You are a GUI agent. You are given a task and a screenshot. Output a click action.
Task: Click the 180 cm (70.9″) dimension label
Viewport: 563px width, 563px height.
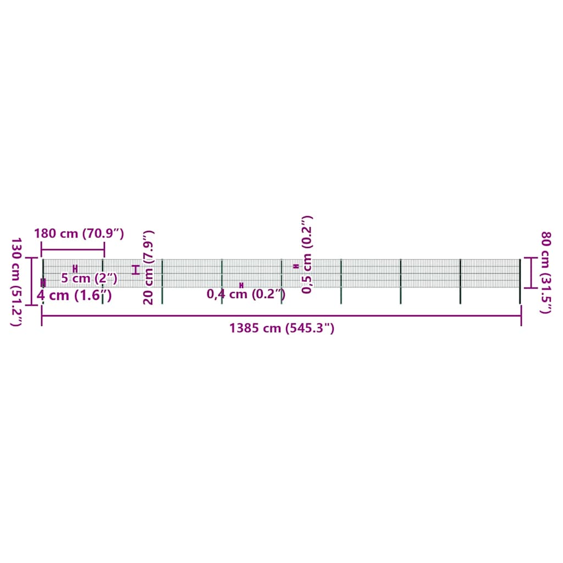pos(79,234)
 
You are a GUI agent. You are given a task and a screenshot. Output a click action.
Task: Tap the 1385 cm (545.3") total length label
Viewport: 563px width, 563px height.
pos(282,328)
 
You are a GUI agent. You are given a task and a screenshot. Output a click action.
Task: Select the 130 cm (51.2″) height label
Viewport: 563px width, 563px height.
pos(16,282)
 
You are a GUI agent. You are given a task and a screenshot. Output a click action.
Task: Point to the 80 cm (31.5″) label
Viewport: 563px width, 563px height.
pos(546,273)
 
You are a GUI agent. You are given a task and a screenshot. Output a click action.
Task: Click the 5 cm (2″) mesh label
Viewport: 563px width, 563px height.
pos(89,278)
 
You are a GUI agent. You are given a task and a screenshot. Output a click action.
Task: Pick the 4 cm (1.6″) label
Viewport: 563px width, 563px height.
pos(74,295)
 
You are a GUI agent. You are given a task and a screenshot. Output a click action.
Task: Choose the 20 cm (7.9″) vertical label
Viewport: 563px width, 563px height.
pos(148,268)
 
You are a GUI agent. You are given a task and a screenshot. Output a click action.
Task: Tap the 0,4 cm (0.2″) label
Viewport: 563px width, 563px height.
pos(246,294)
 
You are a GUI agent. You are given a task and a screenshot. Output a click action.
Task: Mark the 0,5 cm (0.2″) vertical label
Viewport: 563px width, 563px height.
pos(307,255)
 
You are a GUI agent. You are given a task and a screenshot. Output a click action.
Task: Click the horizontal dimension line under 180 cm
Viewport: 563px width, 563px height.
pos(73,249)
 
